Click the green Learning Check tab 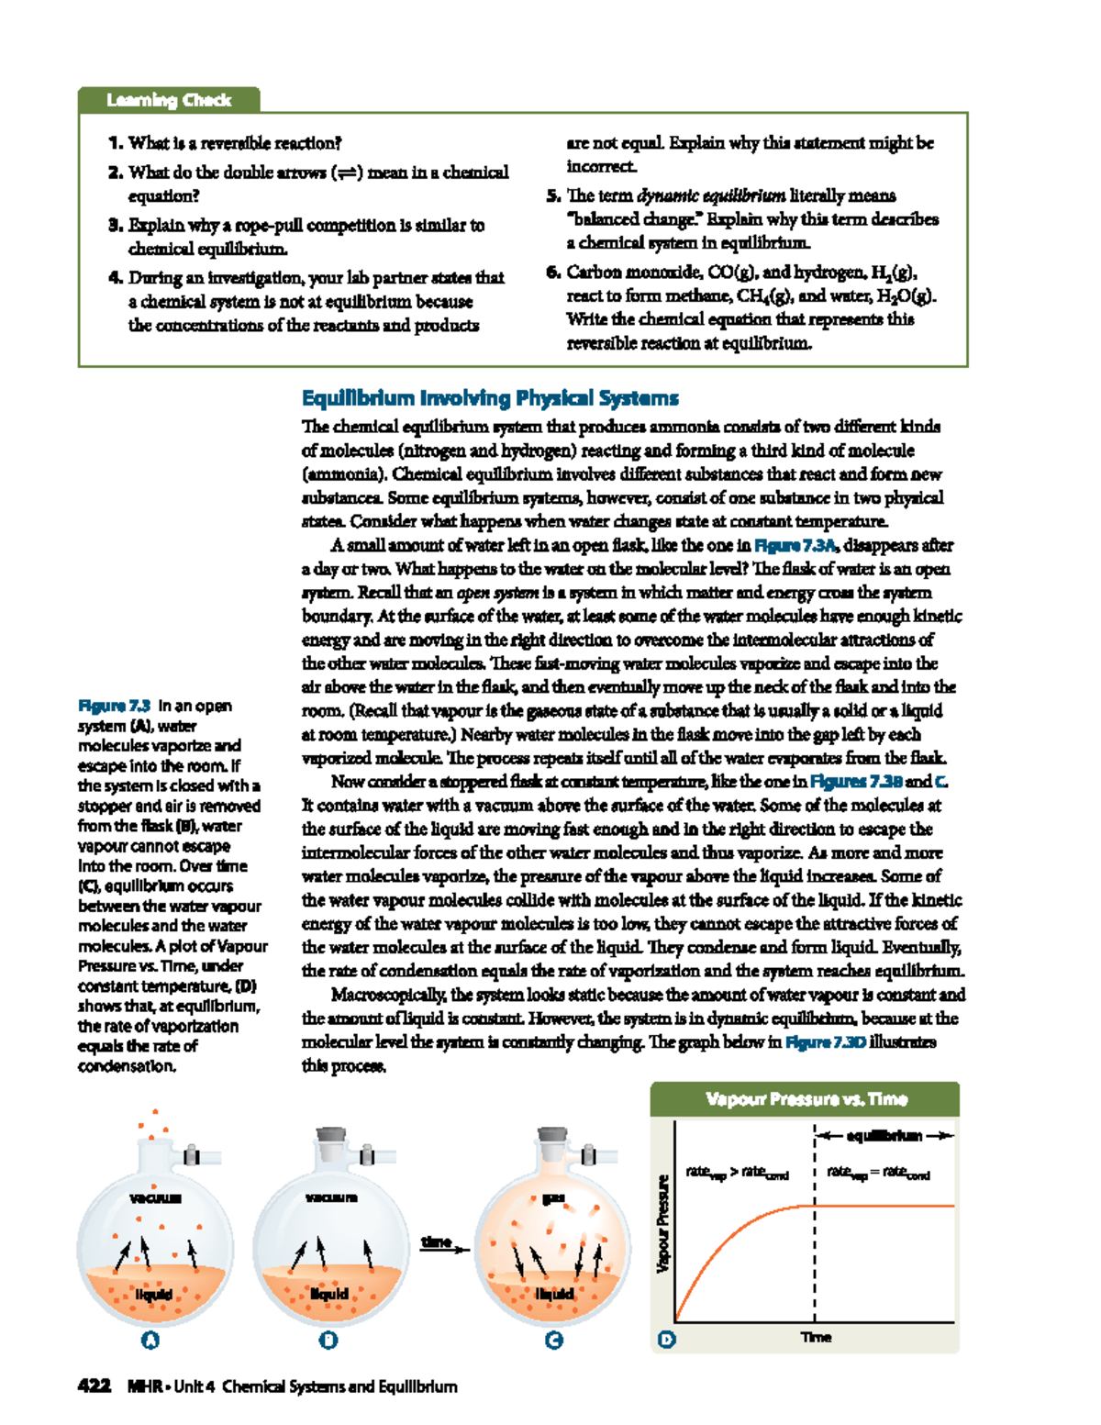pos(169,100)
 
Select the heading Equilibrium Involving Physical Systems pos(490,398)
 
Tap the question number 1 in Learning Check pos(116,143)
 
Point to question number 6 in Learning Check pos(553,273)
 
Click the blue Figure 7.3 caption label pos(114,706)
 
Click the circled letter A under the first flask pos(150,1341)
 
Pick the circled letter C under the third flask pos(553,1341)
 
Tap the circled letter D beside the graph pos(667,1340)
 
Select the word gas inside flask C pos(553,1198)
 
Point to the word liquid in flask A pos(153,1294)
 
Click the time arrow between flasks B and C pos(443,1244)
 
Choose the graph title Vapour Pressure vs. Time pos(806,1099)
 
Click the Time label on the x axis pos(816,1337)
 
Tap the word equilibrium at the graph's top pos(884,1136)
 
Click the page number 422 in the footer pos(95,1386)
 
